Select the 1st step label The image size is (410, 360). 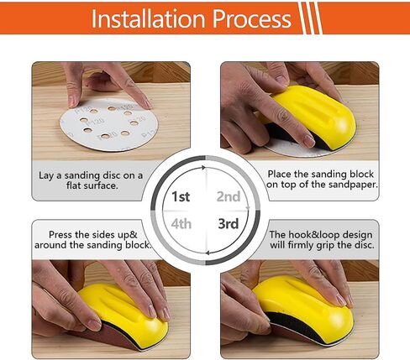click(x=180, y=196)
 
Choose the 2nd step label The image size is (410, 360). click(x=229, y=196)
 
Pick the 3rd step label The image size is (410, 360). click(x=229, y=224)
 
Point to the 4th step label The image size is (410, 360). click(x=181, y=224)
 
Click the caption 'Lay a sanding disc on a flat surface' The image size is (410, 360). click(x=91, y=180)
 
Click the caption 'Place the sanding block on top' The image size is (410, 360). click(x=322, y=179)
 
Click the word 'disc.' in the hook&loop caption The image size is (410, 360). click(x=361, y=247)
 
